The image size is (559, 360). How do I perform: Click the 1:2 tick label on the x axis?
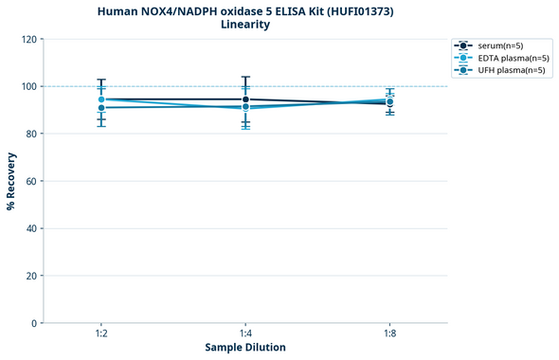coord(100,334)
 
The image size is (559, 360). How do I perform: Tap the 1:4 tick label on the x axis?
coord(245,334)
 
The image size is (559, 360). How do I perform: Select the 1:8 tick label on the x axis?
coord(390,334)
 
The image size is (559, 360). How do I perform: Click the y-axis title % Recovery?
coord(11,180)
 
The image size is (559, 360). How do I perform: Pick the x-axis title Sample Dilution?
coord(245,348)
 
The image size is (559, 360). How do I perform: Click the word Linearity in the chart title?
coord(245,25)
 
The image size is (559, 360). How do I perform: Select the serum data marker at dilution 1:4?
coord(245,99)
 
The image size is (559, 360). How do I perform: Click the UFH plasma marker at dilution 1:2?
coord(100,108)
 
